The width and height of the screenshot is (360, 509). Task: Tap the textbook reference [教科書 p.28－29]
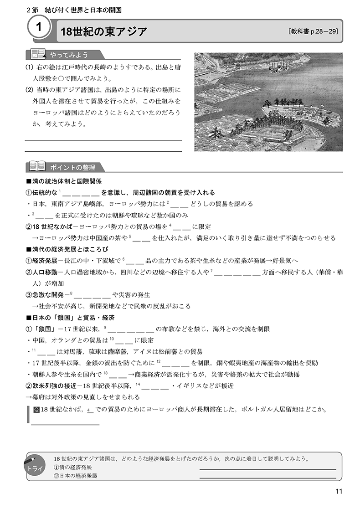[313, 32]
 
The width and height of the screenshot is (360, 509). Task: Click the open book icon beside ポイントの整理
[36, 166]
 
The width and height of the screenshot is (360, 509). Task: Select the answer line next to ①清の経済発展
[267, 468]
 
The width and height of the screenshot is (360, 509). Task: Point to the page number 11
[338, 491]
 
